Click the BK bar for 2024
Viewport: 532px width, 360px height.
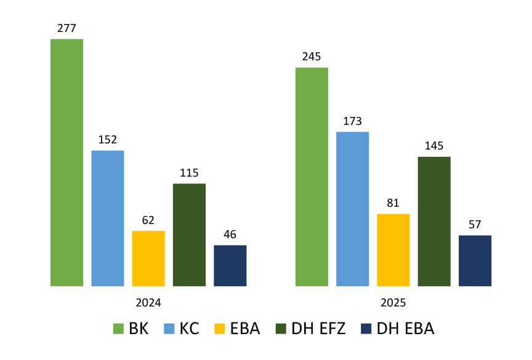[66, 162]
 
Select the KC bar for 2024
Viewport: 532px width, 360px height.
[107, 218]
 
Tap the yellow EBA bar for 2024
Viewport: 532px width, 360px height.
[148, 258]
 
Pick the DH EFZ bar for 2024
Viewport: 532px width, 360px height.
[189, 234]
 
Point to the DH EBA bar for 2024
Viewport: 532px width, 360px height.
[230, 265]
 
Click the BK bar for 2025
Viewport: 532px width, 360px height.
[312, 177]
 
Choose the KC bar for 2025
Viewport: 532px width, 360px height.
[352, 209]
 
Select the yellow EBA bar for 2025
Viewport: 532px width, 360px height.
[393, 250]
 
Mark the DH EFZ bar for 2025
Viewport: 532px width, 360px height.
[434, 222]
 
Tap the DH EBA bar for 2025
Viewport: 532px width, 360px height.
[475, 260]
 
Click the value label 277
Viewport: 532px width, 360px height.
[66, 28]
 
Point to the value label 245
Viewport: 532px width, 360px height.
[312, 57]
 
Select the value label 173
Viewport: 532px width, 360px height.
[352, 121]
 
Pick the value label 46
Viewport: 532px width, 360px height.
[230, 234]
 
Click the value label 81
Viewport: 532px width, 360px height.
[393, 203]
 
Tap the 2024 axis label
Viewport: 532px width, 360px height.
[148, 303]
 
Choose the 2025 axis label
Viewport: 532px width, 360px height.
[393, 303]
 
